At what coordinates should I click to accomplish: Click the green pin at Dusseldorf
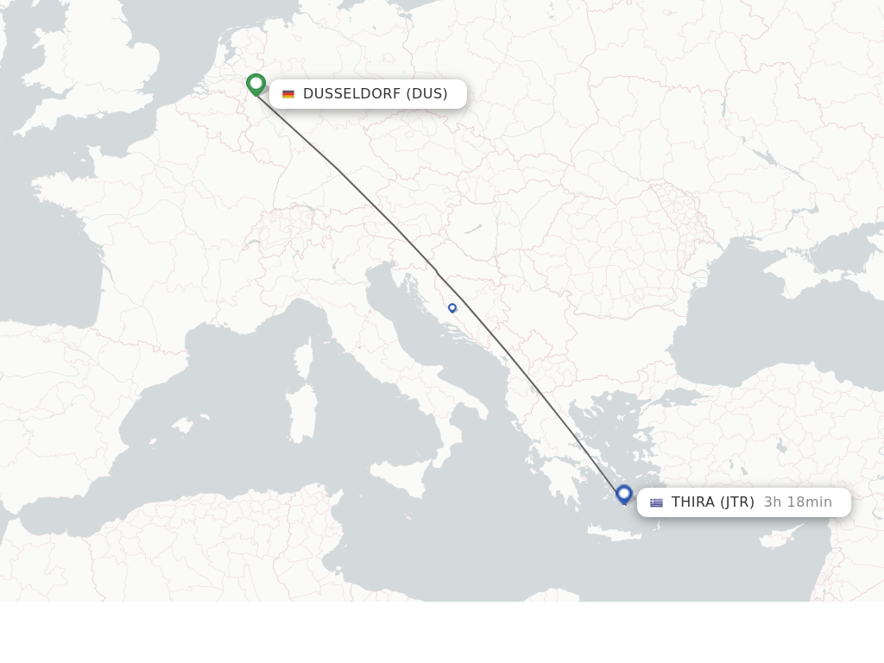click(256, 84)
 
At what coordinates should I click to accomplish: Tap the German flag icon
click(288, 94)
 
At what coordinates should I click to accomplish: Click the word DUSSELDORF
click(351, 94)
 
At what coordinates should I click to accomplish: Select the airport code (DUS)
click(426, 94)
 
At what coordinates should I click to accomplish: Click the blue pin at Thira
click(624, 494)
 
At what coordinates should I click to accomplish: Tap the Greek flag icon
click(656, 502)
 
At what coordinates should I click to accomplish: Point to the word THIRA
click(693, 502)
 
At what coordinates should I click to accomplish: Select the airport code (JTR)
click(737, 502)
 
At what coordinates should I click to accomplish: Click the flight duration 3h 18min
click(798, 502)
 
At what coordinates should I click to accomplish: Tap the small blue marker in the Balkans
click(452, 307)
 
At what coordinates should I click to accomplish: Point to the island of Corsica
click(303, 359)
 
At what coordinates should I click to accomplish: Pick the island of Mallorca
click(182, 425)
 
